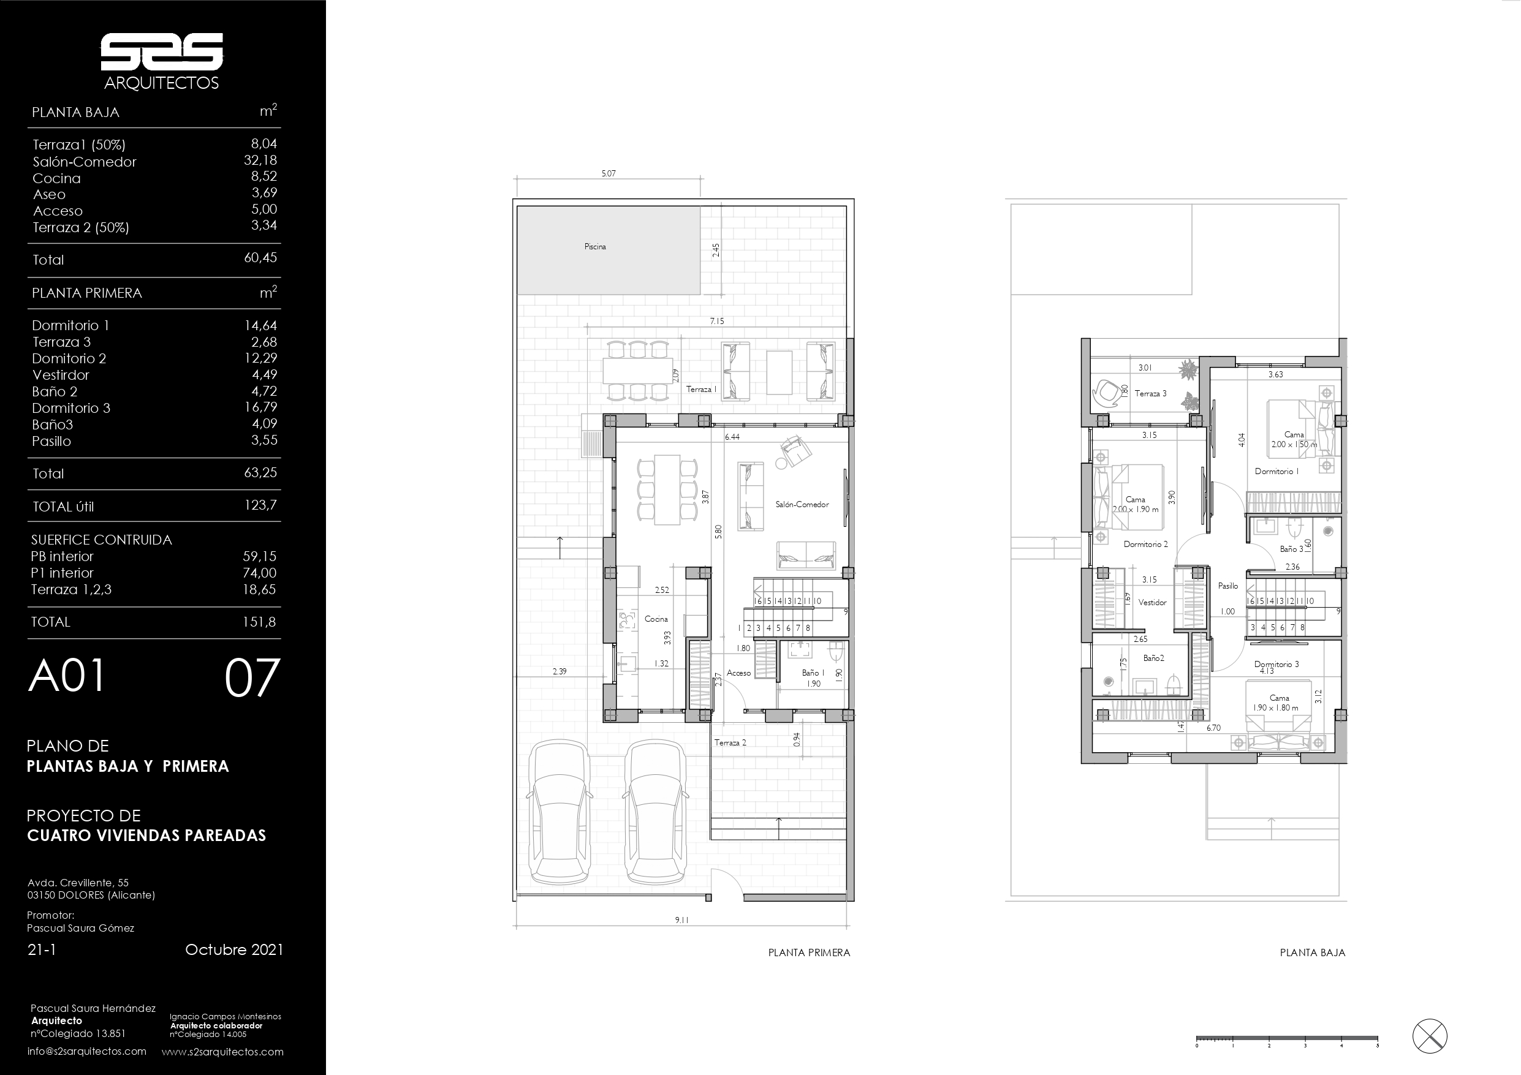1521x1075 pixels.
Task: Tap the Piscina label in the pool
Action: point(595,246)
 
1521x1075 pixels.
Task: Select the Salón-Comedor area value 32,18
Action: point(260,160)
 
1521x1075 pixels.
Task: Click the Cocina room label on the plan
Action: point(656,619)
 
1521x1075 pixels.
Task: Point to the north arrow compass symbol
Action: point(1430,1036)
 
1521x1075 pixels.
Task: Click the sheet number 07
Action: point(252,678)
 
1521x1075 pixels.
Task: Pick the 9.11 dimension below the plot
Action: point(681,919)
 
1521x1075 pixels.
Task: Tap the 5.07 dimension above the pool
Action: point(608,173)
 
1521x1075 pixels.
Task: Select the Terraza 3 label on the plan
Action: point(1151,393)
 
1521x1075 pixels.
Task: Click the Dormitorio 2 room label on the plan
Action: point(1145,544)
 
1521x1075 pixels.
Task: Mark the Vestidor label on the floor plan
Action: point(1152,602)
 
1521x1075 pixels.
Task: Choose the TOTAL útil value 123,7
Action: point(260,505)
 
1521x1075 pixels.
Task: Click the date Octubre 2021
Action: point(234,949)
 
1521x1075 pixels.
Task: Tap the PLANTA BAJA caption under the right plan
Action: point(1312,952)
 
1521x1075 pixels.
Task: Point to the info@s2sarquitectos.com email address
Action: point(87,1051)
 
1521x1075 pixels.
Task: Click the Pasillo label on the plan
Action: point(1227,586)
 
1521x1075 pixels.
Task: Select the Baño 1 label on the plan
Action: point(813,673)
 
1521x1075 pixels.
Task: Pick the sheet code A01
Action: point(66,676)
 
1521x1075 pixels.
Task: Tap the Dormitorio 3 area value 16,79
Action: point(260,407)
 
